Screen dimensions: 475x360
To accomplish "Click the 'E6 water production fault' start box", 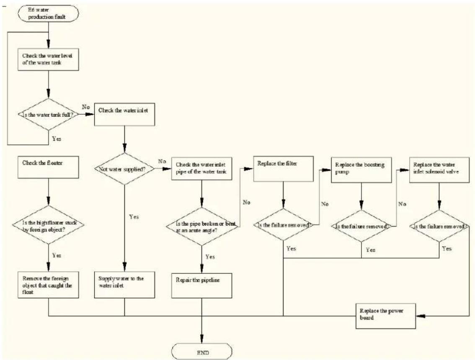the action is tap(49, 14).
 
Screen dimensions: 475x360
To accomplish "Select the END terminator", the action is tap(202, 352).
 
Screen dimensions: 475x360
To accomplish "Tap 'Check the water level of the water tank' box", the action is tap(48, 59).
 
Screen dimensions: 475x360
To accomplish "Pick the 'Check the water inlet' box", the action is tap(124, 114).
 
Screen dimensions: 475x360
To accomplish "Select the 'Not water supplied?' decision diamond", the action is tap(124, 169).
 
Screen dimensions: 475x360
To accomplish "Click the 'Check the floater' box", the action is tap(48, 167).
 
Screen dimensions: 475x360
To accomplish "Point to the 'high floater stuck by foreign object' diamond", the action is tap(48, 225).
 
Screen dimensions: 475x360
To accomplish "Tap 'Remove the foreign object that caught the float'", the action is tap(48, 285).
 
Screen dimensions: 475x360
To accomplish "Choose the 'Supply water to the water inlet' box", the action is tap(124, 285).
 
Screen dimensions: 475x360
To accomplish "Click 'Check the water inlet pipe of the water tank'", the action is tap(202, 169).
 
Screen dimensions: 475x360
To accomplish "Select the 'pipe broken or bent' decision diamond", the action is tap(202, 226).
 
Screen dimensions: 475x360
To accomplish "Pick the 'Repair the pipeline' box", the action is tap(202, 285).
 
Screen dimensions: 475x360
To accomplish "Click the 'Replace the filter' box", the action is tap(283, 169).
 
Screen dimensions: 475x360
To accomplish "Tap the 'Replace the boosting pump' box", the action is tap(361, 170).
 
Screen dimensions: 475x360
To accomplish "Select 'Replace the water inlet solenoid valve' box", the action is tap(439, 170).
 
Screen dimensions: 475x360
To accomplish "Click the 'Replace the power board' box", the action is tap(386, 316).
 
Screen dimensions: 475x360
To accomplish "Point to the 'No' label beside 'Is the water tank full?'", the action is tap(86, 107).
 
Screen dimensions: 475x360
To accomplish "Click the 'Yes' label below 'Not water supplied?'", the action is tap(134, 217).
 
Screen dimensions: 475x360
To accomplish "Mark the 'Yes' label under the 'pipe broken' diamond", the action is tap(210, 257).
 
